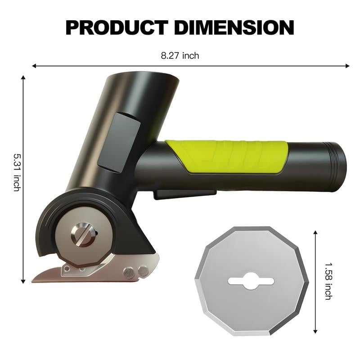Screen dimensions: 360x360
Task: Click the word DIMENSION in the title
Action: coord(234,28)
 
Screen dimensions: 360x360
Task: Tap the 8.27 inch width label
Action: coord(180,56)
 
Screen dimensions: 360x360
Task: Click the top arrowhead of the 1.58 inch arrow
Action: coord(315,233)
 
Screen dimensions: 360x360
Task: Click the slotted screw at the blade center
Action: coord(83,235)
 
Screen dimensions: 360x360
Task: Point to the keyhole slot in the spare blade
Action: coord(251,281)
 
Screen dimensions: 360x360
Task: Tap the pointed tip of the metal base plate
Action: coord(34,280)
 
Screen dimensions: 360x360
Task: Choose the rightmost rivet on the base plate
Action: coord(143,270)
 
